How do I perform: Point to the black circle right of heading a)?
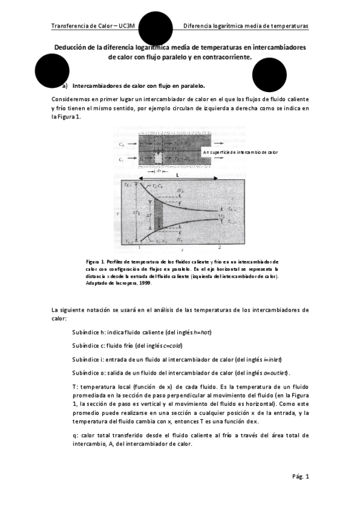pos(269,76)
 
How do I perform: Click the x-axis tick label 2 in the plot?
pos(219,247)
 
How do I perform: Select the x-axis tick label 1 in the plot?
pos(139,247)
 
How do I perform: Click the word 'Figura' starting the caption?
pos(93,262)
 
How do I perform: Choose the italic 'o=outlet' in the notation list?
pos(285,373)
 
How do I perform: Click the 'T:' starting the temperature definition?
pos(74,387)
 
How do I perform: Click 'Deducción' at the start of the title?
pos(73,47)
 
